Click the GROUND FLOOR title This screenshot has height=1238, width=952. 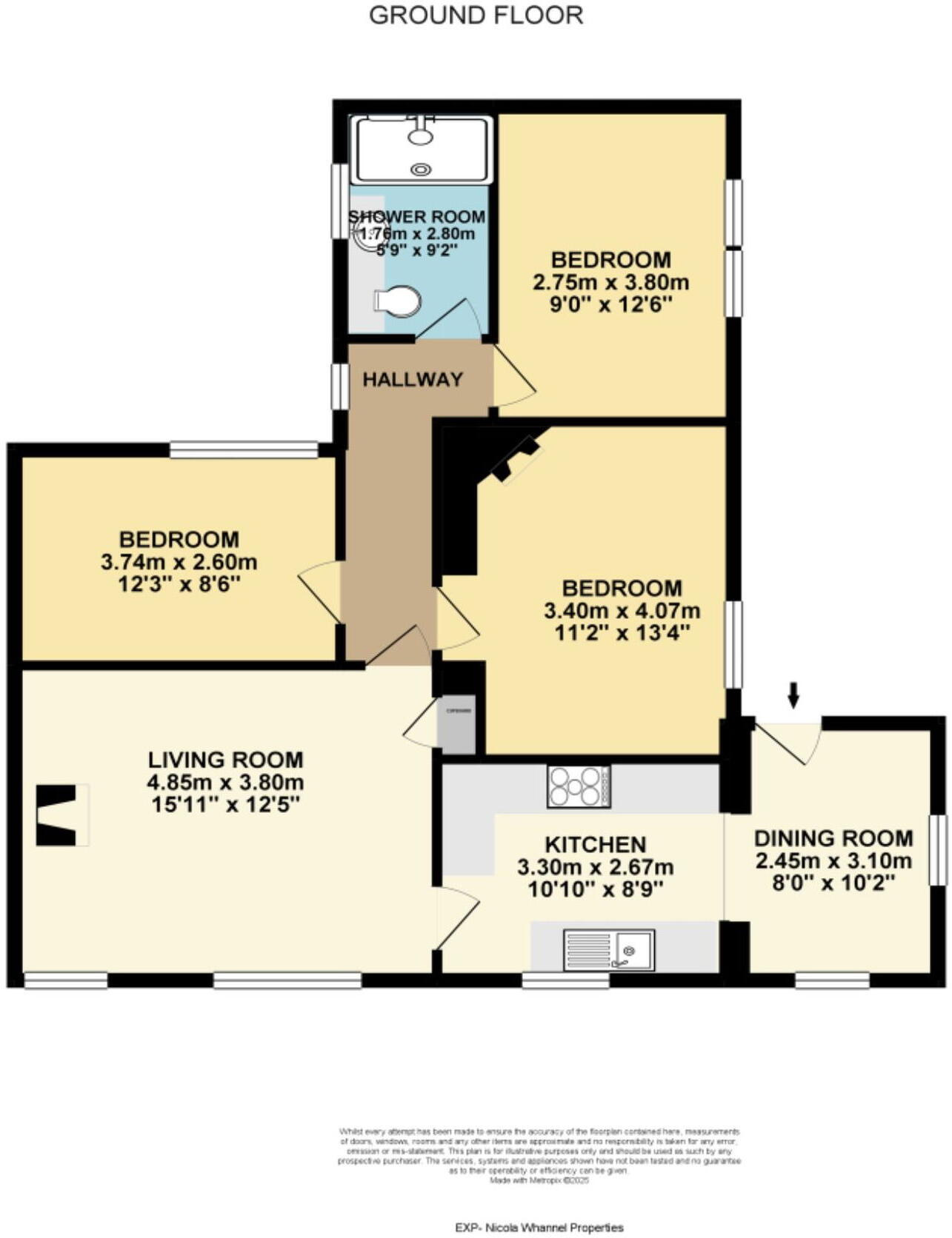click(476, 15)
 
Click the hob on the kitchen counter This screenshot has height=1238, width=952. click(579, 786)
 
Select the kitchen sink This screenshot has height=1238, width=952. click(609, 949)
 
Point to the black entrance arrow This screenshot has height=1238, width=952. click(793, 695)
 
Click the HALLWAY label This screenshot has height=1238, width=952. click(413, 380)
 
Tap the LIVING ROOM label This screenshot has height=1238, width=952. click(226, 760)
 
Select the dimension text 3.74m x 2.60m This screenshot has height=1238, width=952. click(179, 561)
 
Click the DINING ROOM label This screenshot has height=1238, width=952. click(833, 839)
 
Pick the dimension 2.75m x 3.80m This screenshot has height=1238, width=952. click(610, 282)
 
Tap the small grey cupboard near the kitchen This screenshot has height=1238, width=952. click(456, 723)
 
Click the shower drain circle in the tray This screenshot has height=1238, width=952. click(421, 170)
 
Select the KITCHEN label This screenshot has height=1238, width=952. click(595, 845)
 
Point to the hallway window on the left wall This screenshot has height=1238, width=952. click(340, 385)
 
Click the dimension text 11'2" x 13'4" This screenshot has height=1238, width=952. click(622, 633)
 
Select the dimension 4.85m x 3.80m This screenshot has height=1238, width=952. click(226, 783)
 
